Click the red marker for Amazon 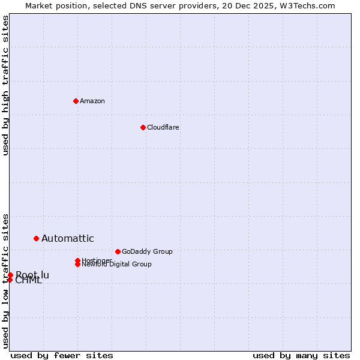[x=76, y=101]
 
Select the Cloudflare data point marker [x=143, y=127]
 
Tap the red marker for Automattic [x=36, y=239]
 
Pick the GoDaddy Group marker [x=118, y=251]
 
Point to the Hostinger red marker [x=77, y=260]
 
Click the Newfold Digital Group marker [x=77, y=264]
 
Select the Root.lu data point [x=10, y=275]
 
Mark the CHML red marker [x=10, y=280]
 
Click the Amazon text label [x=92, y=101]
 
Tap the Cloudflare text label [x=163, y=127]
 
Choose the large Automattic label [x=67, y=239]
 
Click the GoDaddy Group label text [x=147, y=251]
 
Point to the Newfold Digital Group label [x=116, y=265]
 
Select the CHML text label [x=28, y=281]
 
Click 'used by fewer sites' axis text [x=62, y=355]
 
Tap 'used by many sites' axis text [x=301, y=355]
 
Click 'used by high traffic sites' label [x=5, y=85]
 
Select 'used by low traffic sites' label [x=5, y=281]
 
